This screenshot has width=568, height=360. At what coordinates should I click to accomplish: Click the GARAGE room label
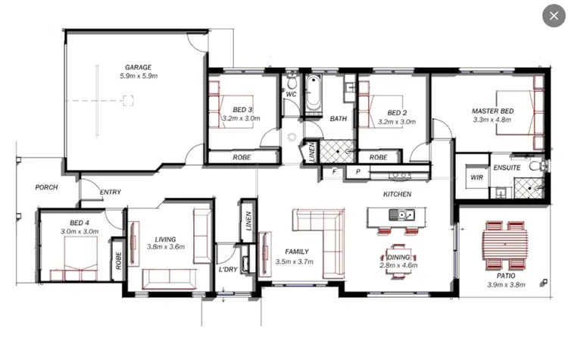click(138, 67)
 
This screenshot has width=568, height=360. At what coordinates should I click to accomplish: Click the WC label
click(291, 95)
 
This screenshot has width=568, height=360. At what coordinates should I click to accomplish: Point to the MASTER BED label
click(492, 111)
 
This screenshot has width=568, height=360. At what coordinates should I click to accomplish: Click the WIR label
click(476, 177)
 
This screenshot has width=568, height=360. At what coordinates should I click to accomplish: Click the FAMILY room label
click(297, 252)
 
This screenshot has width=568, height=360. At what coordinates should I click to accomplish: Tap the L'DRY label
click(228, 270)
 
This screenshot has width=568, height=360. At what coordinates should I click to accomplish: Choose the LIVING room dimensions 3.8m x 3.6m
click(165, 247)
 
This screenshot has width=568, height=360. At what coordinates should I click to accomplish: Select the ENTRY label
click(111, 193)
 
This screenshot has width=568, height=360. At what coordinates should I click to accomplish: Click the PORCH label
click(47, 186)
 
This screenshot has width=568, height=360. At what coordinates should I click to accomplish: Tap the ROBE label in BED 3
click(242, 158)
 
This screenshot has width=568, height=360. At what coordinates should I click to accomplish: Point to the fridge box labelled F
click(334, 172)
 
